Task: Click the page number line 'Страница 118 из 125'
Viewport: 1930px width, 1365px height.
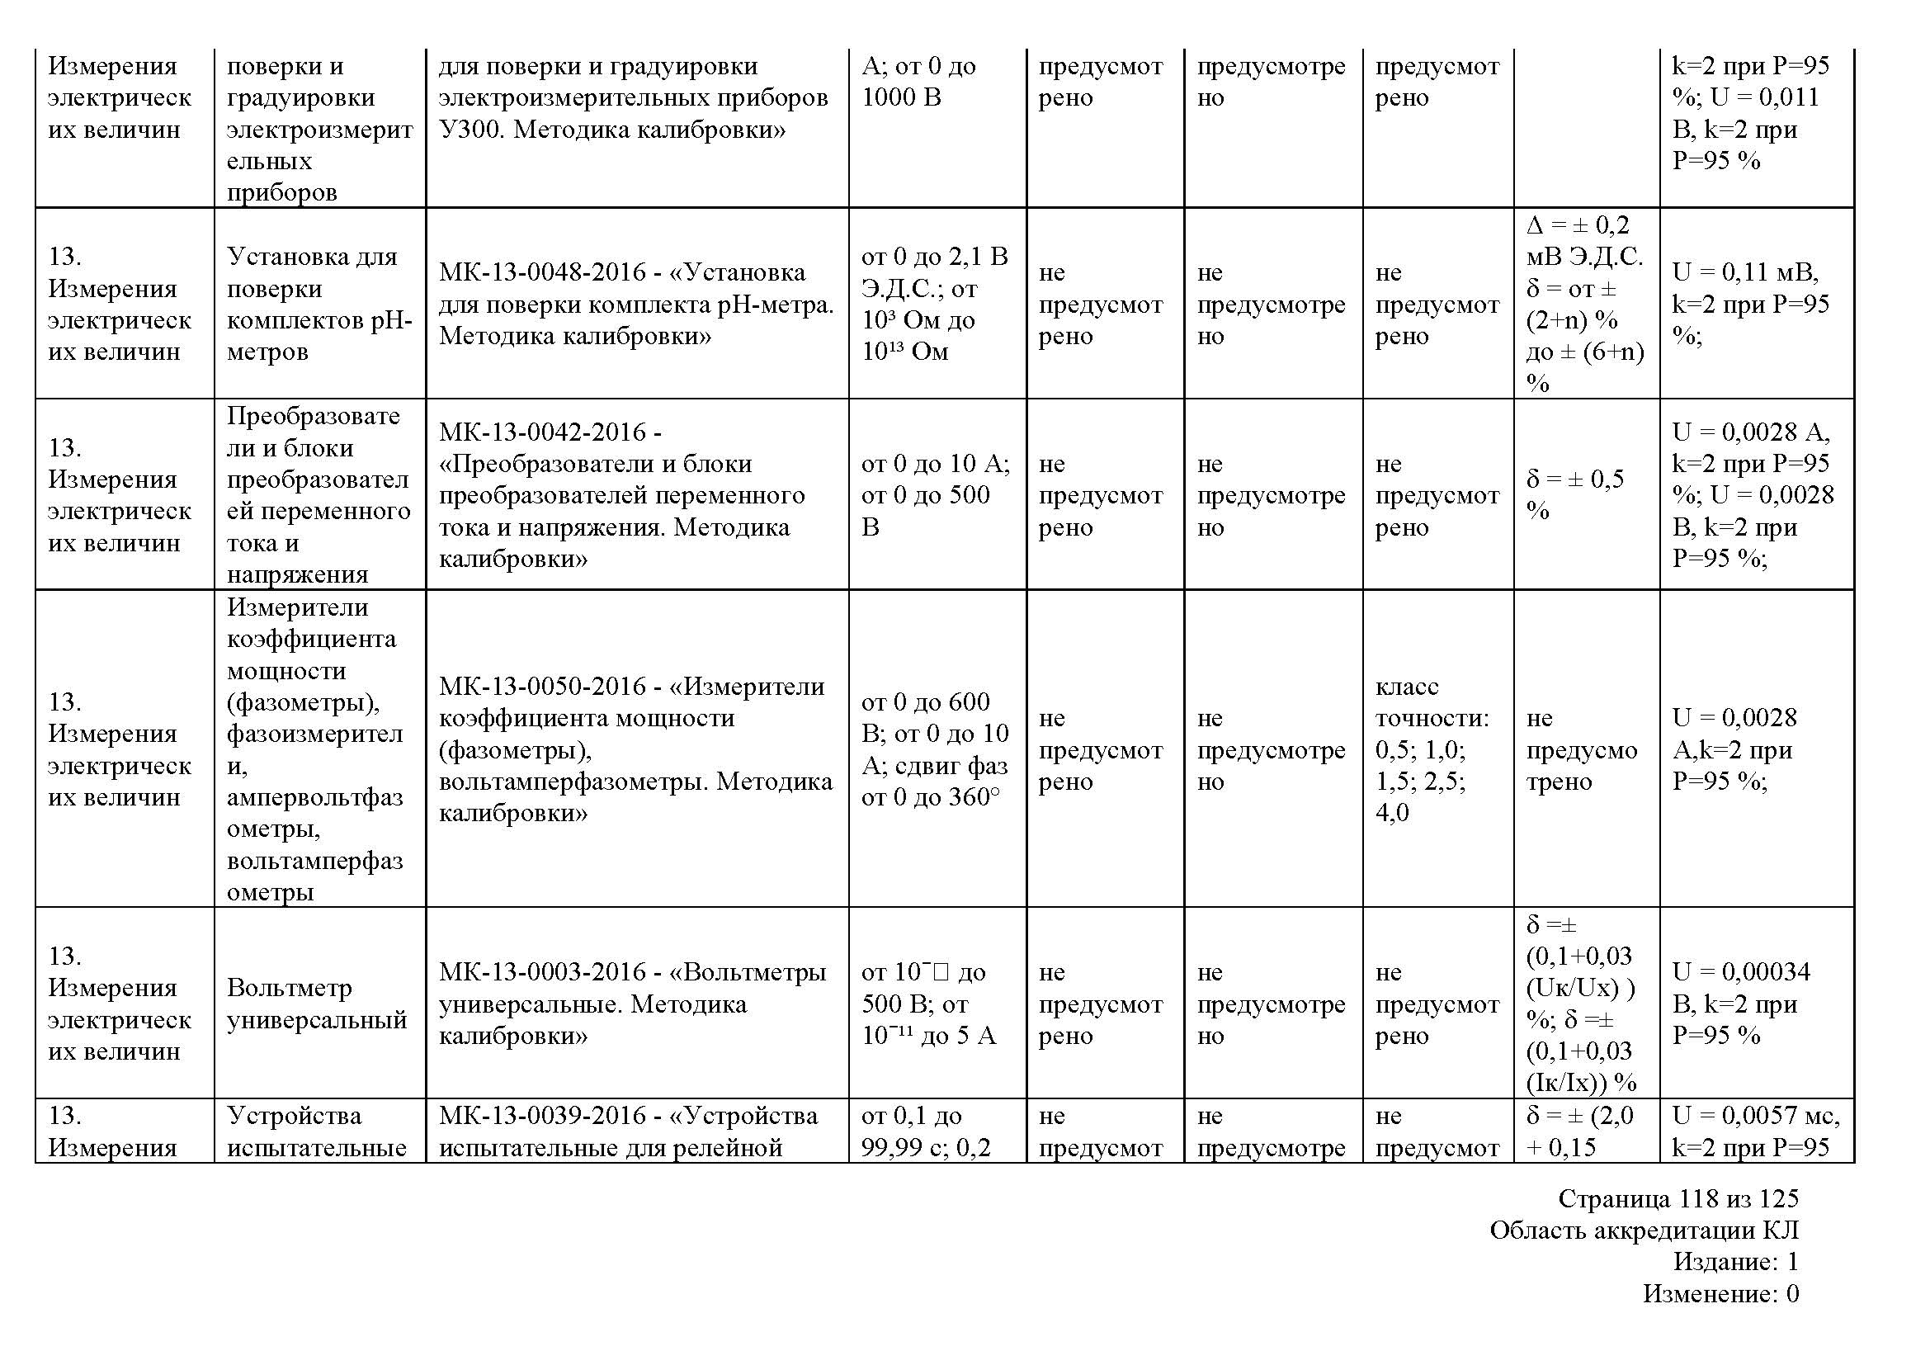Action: (1678, 1197)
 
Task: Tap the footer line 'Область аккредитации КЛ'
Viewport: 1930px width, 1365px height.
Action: (1645, 1230)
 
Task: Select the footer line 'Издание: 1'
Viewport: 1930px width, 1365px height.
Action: (1736, 1262)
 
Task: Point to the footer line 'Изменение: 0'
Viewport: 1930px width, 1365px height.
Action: (1720, 1293)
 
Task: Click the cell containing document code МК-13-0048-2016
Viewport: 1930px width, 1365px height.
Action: (636, 304)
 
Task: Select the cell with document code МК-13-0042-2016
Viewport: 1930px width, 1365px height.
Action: (636, 494)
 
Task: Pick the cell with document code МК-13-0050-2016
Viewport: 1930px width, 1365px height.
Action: (636, 749)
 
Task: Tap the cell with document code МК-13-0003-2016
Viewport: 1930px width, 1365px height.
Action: (636, 1003)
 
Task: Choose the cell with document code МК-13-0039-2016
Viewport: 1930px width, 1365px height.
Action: (636, 1131)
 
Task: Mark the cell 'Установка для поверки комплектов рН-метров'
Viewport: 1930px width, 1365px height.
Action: (319, 304)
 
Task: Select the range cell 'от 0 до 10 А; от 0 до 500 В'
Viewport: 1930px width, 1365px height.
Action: (937, 494)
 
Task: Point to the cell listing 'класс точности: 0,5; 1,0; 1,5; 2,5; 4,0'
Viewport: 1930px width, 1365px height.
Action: (1437, 749)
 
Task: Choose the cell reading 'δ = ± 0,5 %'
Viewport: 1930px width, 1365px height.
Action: (1585, 494)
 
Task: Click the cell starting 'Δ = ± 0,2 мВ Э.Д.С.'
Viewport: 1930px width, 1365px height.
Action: (1585, 304)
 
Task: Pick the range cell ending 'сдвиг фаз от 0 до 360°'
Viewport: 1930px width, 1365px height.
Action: (937, 749)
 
